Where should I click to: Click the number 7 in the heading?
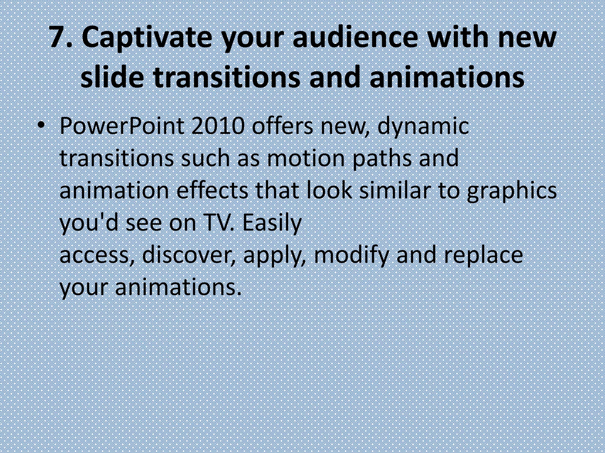(x=58, y=37)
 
